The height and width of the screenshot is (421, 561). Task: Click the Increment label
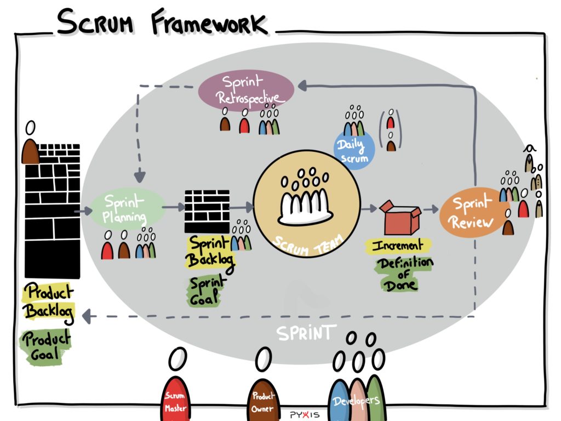pos(399,245)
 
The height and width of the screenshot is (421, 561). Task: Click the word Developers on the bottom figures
pos(357,400)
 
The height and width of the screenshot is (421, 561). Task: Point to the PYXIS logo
pos(305,414)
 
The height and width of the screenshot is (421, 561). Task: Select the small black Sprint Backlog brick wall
pos(207,212)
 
